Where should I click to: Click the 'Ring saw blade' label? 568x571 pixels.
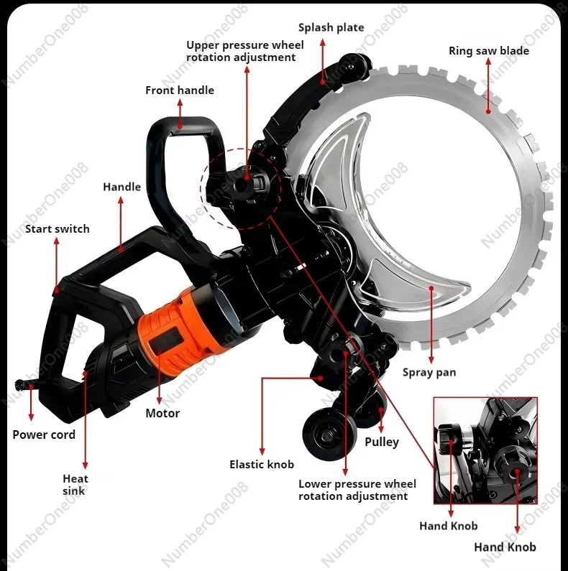tap(489, 51)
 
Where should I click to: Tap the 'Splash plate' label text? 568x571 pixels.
tap(331, 28)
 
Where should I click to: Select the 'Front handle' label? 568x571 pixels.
tap(180, 90)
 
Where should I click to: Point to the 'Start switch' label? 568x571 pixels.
tap(58, 229)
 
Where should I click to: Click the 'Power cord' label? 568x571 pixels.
tap(44, 435)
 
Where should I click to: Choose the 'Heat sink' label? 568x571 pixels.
tap(75, 485)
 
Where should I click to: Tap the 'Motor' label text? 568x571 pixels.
tap(162, 413)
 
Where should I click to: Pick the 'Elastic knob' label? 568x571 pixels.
tap(262, 465)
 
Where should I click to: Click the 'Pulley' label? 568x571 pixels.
tap(382, 442)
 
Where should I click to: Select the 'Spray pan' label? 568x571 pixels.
tap(429, 372)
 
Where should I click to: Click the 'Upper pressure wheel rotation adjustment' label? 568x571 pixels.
tap(245, 51)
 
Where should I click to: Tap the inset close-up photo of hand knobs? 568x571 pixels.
tap(485, 450)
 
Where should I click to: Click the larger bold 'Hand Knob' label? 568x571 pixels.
tap(505, 547)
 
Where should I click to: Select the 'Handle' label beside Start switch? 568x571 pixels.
tap(122, 187)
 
